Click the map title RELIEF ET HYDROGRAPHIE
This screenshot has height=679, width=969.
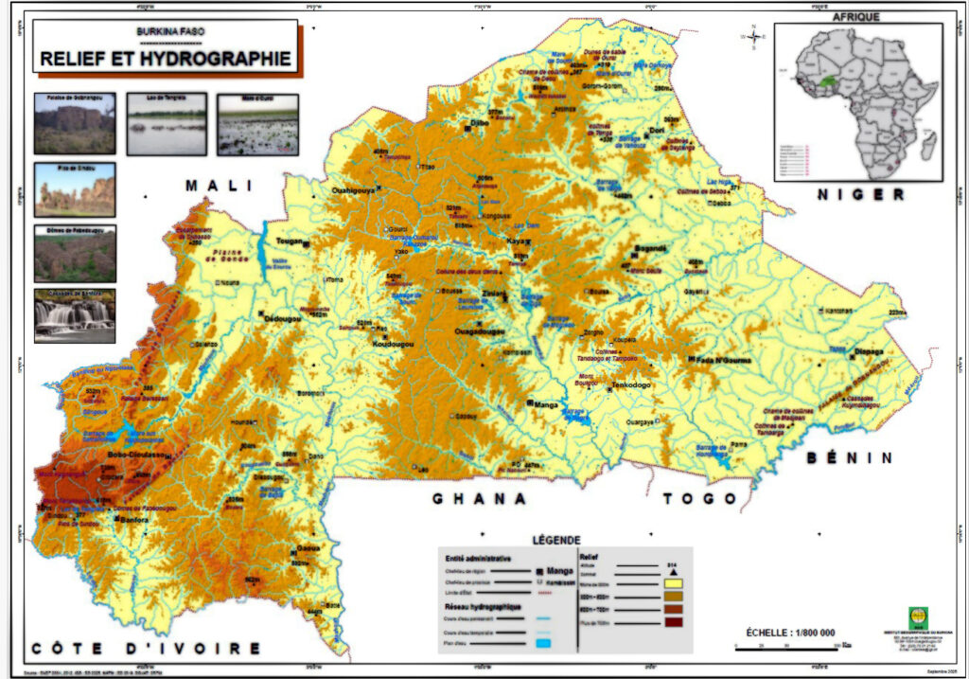tap(166, 59)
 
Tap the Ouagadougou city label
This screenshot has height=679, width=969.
tap(481, 332)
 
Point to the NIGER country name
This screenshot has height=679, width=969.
tap(861, 194)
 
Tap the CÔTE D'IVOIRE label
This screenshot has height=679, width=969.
tap(145, 648)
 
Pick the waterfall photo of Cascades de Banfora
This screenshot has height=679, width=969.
tap(75, 315)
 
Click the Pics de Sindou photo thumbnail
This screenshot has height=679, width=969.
tap(75, 189)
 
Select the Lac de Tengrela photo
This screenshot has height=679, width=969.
tap(167, 124)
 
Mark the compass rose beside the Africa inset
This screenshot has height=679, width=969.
tap(754, 37)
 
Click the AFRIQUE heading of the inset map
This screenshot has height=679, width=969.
tap(856, 16)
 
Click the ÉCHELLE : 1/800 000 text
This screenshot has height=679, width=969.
tap(790, 632)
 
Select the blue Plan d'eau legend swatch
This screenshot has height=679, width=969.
tap(543, 644)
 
